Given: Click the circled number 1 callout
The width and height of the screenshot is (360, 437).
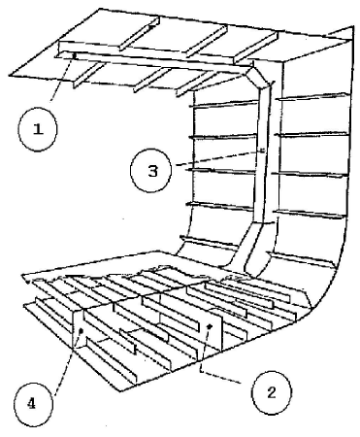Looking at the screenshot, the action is coord(38,129).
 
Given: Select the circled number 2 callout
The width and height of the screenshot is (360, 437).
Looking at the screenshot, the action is coord(271,393).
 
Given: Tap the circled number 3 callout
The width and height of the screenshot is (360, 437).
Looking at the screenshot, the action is coord(150,170).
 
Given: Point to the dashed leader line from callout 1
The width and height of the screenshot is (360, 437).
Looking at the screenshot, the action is coord(62,78).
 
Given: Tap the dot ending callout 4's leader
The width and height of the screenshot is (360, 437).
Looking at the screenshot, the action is coord(81,331).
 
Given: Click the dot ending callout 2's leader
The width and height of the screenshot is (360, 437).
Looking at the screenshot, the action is coord(210,326).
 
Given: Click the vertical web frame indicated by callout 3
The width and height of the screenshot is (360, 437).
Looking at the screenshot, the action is coord(261,152).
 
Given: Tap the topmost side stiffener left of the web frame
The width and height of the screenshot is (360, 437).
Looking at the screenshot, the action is coord(223,104).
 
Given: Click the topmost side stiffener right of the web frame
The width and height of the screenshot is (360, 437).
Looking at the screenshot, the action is coord(313,96).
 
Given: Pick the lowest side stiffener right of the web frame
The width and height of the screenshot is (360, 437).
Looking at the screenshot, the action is coord(301,259).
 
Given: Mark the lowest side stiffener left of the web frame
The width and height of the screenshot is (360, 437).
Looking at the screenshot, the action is coord(210,242).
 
